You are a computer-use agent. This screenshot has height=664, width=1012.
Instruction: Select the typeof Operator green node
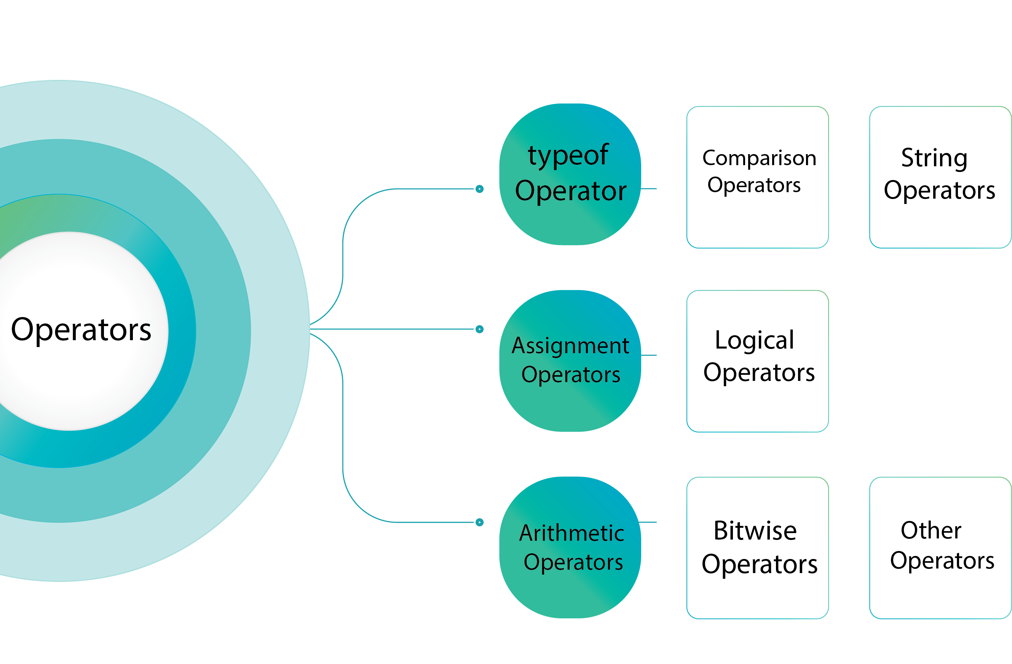(x=570, y=174)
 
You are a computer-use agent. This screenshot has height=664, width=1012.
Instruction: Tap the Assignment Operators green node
(x=570, y=361)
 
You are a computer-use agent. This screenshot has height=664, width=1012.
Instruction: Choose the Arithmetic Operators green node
(x=570, y=548)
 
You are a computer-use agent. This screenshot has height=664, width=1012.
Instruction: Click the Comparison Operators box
(x=758, y=177)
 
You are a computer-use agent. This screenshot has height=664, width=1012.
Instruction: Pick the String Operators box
(x=940, y=177)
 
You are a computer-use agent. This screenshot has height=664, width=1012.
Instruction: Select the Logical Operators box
(x=758, y=361)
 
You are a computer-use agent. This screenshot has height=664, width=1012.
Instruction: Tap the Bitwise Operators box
(x=758, y=548)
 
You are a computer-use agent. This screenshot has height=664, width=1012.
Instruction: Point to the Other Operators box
(x=940, y=548)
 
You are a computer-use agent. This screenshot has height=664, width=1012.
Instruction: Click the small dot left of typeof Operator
(x=480, y=189)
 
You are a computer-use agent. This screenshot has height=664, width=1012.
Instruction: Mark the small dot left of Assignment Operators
(x=480, y=329)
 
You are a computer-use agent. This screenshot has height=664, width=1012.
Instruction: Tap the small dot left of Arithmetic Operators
(x=480, y=522)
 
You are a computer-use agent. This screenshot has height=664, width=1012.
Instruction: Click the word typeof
(x=568, y=156)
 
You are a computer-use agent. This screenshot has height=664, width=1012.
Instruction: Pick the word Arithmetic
(x=572, y=533)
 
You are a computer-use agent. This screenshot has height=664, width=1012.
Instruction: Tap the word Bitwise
(x=755, y=530)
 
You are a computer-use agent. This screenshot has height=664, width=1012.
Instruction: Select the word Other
(x=931, y=530)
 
